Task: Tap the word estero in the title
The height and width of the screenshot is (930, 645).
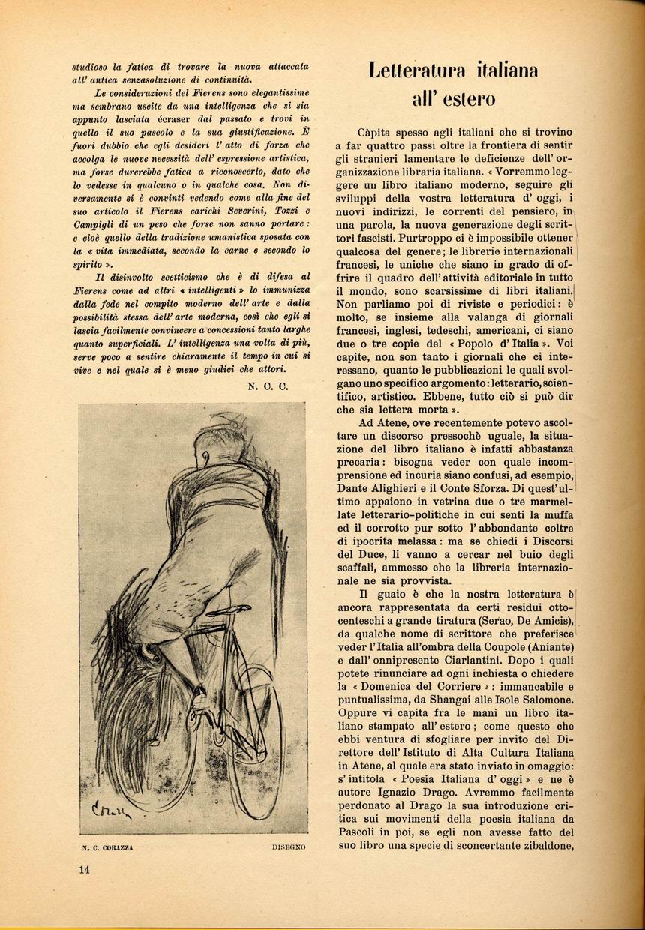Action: [x=466, y=99]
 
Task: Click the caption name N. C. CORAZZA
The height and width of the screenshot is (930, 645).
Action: [x=108, y=847]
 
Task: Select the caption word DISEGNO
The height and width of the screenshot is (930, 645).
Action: [x=288, y=847]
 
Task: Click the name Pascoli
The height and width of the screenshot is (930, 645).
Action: [x=356, y=833]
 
